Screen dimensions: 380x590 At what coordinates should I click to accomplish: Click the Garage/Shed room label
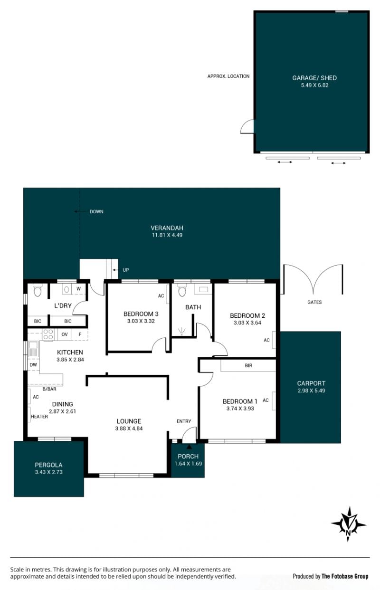pyautogui.click(x=314, y=78)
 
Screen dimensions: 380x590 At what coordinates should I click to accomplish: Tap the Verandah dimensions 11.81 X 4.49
pyautogui.click(x=167, y=235)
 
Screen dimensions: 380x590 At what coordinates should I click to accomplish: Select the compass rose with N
pyautogui.click(x=348, y=524)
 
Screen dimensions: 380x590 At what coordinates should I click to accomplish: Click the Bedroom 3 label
pyautogui.click(x=141, y=314)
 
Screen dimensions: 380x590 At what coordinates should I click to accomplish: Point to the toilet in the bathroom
pyautogui.click(x=182, y=290)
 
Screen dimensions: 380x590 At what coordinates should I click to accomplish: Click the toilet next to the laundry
pyautogui.click(x=38, y=290)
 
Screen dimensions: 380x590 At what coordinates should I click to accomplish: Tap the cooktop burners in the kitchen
pyautogui.click(x=48, y=334)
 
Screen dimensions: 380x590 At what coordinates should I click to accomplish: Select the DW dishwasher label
pyautogui.click(x=33, y=365)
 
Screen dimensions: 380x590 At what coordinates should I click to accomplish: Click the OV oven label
pyautogui.click(x=65, y=334)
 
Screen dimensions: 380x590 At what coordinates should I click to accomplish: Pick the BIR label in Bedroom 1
pyautogui.click(x=248, y=366)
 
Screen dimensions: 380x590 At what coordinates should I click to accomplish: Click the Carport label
pyautogui.click(x=311, y=383)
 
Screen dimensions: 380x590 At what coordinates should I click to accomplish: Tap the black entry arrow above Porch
pyautogui.click(x=189, y=447)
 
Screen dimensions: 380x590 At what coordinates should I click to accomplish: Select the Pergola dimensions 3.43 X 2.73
pyautogui.click(x=49, y=472)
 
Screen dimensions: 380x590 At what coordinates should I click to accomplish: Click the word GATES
pyautogui.click(x=314, y=302)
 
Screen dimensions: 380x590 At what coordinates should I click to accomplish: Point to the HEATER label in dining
pyautogui.click(x=39, y=417)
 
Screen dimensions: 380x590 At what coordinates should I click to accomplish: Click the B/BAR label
pyautogui.click(x=49, y=389)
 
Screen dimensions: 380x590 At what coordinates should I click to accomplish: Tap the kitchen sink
pyautogui.click(x=33, y=349)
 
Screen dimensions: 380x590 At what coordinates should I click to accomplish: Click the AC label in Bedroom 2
pyautogui.click(x=266, y=340)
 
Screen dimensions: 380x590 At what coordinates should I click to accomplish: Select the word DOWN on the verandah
pyautogui.click(x=96, y=211)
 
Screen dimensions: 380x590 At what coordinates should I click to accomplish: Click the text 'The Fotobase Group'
pyautogui.click(x=345, y=576)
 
